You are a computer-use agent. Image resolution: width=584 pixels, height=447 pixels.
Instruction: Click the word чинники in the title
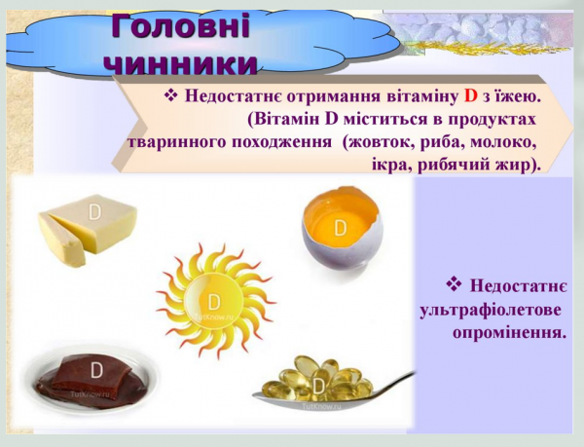click(x=181, y=60)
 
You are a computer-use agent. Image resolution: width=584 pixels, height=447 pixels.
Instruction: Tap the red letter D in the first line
click(x=470, y=96)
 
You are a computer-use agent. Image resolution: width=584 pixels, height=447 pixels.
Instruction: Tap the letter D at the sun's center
click(x=215, y=289)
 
